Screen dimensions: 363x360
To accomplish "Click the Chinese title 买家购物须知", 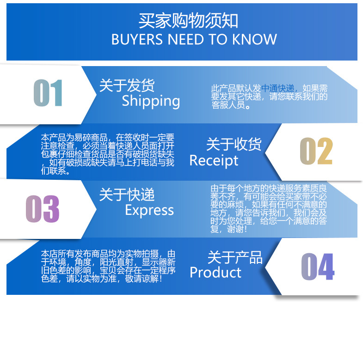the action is pos(188,20).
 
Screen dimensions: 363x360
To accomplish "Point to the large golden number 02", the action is pos(316,152).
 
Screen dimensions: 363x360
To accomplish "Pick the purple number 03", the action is pos(43,208).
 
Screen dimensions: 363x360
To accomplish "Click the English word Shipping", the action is pos(151,101).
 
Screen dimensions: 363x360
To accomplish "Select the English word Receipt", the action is pos(214,160).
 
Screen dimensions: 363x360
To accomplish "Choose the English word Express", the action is pos(149,210).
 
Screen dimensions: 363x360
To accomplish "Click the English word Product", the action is pos(215,272).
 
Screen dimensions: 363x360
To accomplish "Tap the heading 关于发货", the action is pos(127,85).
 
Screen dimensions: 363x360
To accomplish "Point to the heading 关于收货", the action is pos(234,144).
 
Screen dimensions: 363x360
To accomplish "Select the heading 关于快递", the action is pos(127,195).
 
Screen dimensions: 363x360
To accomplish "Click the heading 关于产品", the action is pos(235,257).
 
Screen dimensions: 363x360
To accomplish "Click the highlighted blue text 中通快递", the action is pos(277,88).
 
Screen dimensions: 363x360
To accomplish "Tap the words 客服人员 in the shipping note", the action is pos(229,105).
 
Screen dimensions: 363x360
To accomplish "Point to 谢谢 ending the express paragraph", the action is pos(240,229).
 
